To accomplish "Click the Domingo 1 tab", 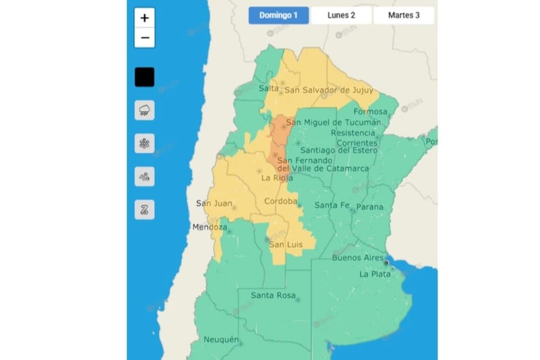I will pyautogui.click(x=279, y=16).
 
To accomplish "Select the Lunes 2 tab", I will pyautogui.click(x=341, y=16).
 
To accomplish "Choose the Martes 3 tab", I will pyautogui.click(x=403, y=16).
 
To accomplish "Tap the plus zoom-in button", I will pyautogui.click(x=145, y=18).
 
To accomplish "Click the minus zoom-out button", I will pyautogui.click(x=145, y=38).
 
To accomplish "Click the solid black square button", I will pyautogui.click(x=145, y=78).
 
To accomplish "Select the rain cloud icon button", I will pyautogui.click(x=145, y=110).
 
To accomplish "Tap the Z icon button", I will pyautogui.click(x=145, y=210).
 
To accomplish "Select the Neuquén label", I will pyautogui.click(x=222, y=340).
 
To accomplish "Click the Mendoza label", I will pyautogui.click(x=210, y=227).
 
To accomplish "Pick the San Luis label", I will pyautogui.click(x=286, y=245).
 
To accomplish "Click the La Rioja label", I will pyautogui.click(x=277, y=178).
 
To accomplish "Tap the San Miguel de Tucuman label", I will pyautogui.click(x=333, y=123).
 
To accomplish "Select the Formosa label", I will pyautogui.click(x=371, y=112).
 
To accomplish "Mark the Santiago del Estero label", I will pyautogui.click(x=335, y=150).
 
